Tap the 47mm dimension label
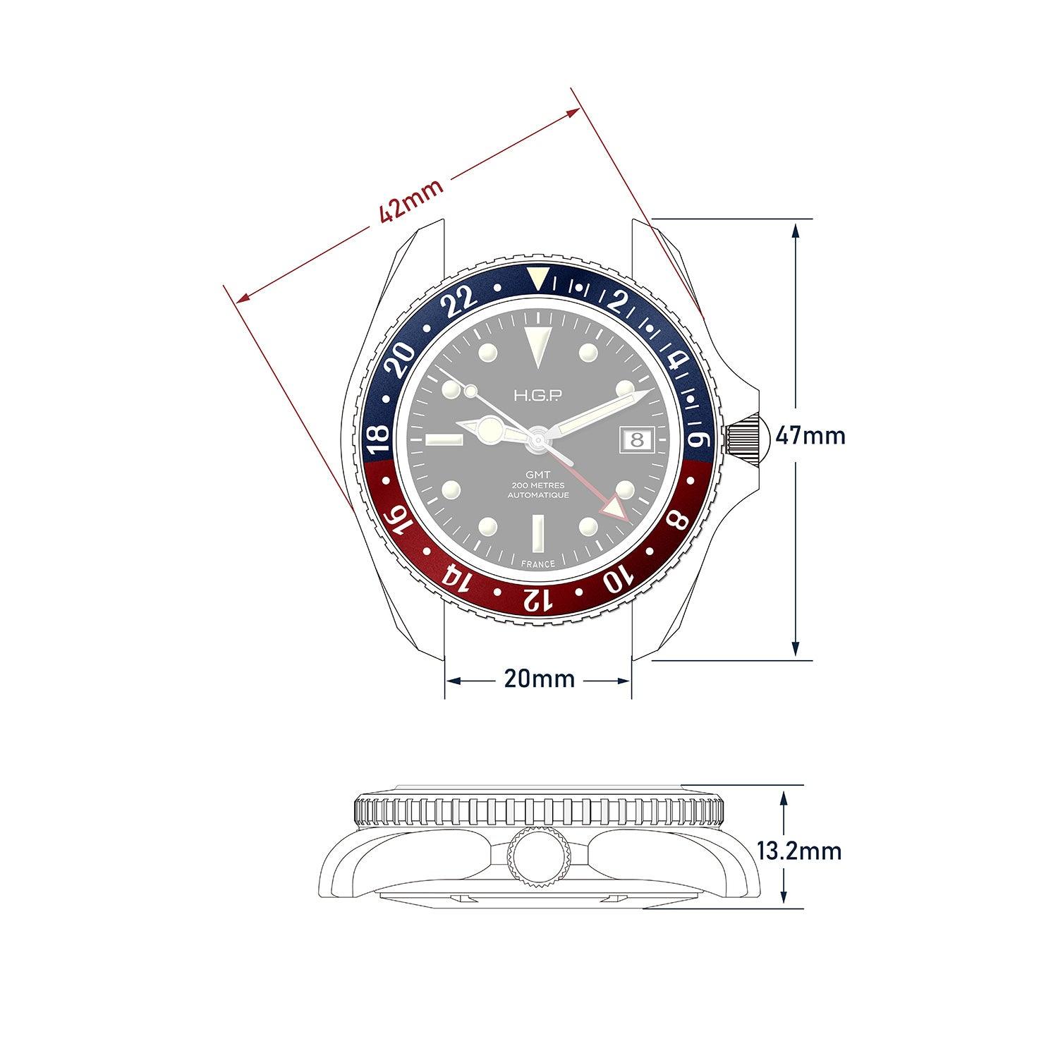click(810, 435)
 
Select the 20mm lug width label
click(540, 679)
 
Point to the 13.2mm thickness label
click(799, 851)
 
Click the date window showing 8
click(637, 438)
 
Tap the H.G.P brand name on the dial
click(539, 398)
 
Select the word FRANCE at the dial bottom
click(538, 564)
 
